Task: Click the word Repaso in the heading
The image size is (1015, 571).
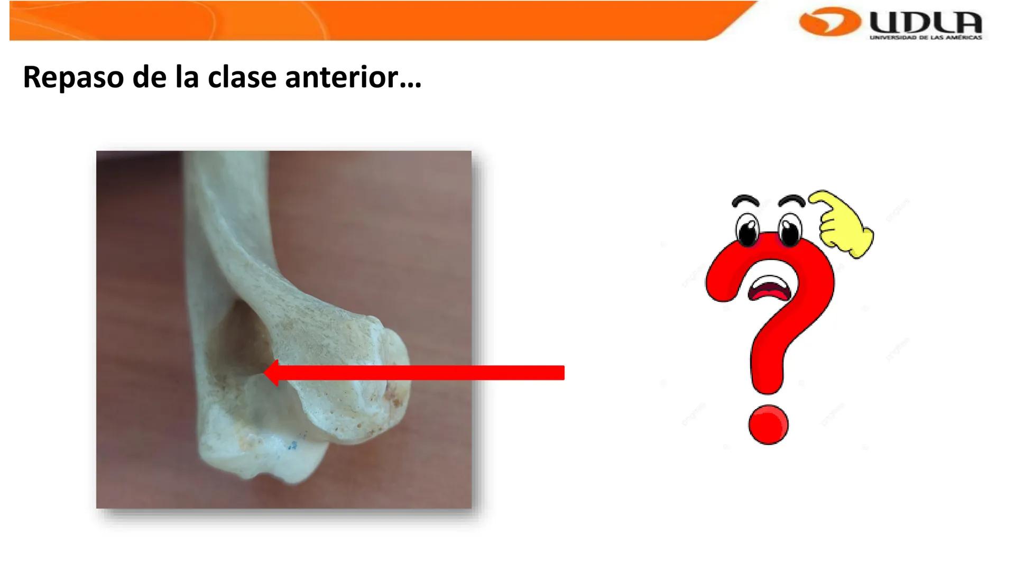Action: [x=73, y=77]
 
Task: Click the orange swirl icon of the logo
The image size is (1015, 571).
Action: [x=829, y=22]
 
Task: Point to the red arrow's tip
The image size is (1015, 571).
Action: [x=264, y=373]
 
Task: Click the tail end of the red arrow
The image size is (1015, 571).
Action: [x=564, y=373]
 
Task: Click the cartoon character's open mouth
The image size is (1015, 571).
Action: [x=770, y=288]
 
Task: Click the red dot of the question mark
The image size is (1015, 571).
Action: [x=768, y=425]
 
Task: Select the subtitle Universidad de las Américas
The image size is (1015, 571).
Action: [x=926, y=38]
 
